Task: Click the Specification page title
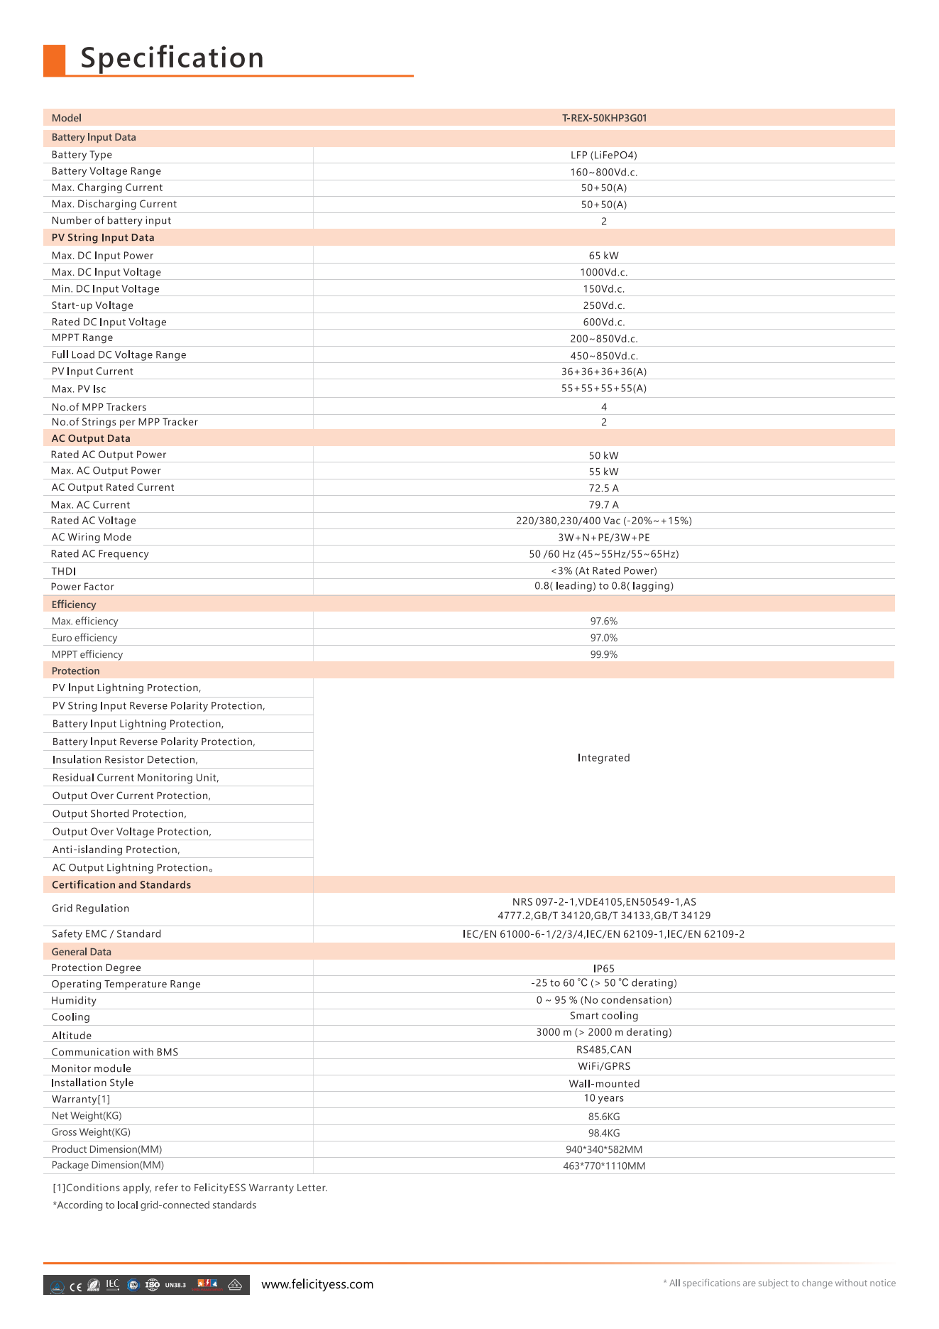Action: coord(172,58)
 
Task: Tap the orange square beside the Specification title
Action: coord(54,59)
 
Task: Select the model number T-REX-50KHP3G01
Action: coord(604,118)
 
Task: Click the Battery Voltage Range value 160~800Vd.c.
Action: coord(604,172)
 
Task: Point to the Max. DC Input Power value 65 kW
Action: coord(604,256)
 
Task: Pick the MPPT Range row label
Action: coord(82,338)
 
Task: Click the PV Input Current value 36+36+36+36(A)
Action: coord(604,371)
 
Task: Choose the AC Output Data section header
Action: coord(91,438)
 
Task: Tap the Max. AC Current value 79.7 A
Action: coord(604,505)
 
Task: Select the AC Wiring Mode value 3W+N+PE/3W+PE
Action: coord(604,538)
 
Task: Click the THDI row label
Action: coord(64,571)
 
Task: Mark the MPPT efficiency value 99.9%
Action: coord(604,654)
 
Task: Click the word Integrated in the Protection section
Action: coord(604,758)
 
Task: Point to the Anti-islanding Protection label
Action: coord(116,850)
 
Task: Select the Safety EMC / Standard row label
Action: coord(106,934)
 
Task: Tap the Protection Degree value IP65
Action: coord(604,969)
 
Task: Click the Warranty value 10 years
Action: coord(604,1098)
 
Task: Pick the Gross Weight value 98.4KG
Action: coord(604,1133)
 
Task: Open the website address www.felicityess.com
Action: coord(317,1284)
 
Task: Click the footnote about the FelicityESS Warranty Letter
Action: coord(190,1188)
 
